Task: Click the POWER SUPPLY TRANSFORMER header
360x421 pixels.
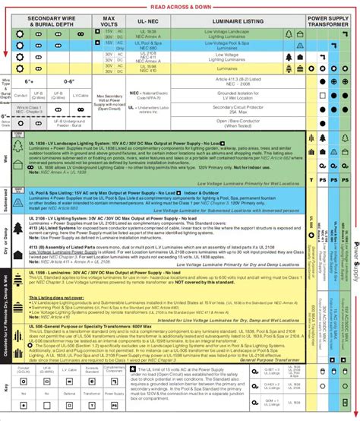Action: pos(327,21)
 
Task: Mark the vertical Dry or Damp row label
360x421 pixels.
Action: pos(6,252)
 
